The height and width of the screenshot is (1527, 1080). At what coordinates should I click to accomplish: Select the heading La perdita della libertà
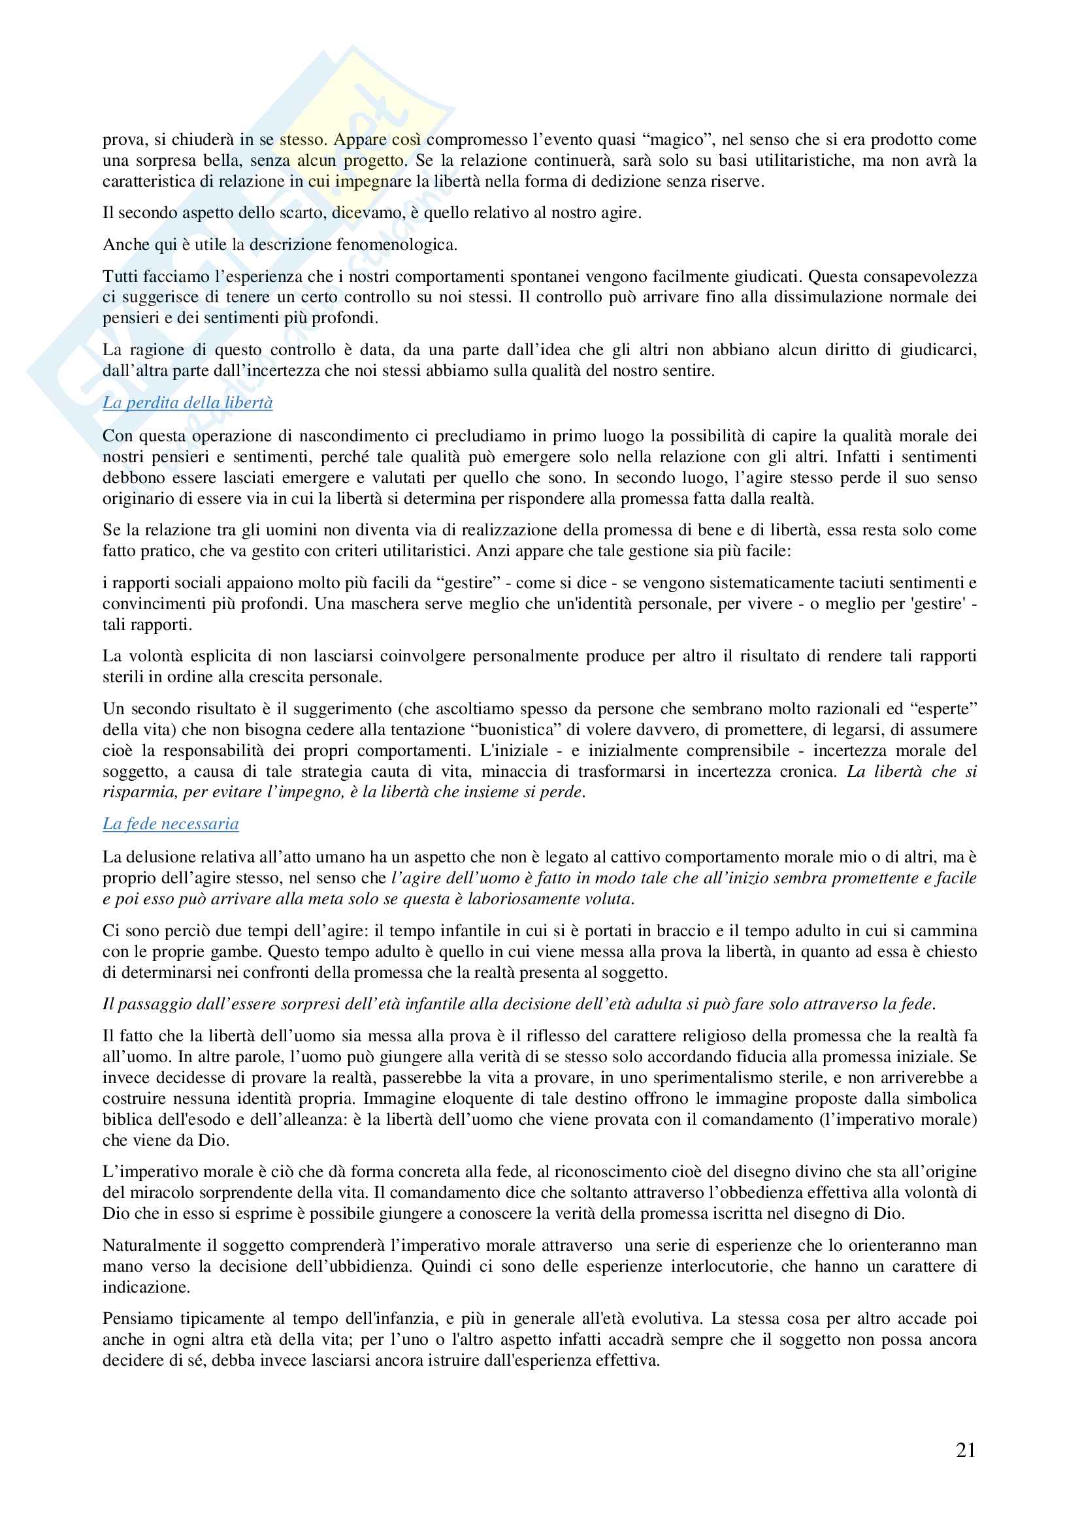pos(188,403)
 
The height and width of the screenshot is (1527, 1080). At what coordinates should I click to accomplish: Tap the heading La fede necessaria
pos(171,824)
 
